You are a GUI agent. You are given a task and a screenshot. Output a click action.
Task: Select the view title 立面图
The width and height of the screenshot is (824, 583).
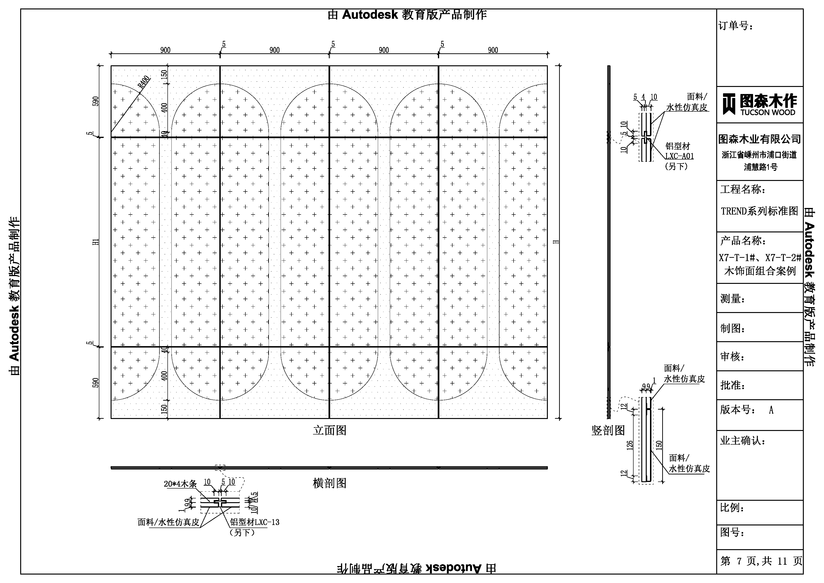329,430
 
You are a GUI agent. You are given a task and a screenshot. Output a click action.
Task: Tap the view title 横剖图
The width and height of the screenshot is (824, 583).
329,483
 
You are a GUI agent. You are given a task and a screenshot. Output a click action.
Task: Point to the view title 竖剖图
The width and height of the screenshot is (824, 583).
608,430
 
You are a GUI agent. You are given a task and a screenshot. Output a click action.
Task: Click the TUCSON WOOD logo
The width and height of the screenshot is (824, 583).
760,105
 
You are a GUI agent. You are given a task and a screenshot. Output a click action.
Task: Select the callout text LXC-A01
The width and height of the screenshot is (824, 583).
679,156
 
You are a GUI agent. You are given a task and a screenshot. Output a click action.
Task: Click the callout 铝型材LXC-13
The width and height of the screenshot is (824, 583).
255,522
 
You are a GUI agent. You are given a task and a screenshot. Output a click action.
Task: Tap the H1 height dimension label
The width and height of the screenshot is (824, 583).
96,242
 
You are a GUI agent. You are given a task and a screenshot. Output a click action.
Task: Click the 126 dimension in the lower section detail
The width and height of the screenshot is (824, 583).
630,446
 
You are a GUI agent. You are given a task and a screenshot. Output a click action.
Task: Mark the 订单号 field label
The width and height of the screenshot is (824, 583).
735,26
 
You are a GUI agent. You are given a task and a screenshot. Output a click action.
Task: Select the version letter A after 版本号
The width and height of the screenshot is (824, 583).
771,410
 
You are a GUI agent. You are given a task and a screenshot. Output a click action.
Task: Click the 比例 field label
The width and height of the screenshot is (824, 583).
732,508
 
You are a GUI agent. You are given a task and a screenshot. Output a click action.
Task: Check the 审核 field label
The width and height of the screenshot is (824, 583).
732,357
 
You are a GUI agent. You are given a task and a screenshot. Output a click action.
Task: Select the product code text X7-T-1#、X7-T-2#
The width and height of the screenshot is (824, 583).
760,258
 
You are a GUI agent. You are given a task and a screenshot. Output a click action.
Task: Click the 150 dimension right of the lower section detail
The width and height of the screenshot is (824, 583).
659,446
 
